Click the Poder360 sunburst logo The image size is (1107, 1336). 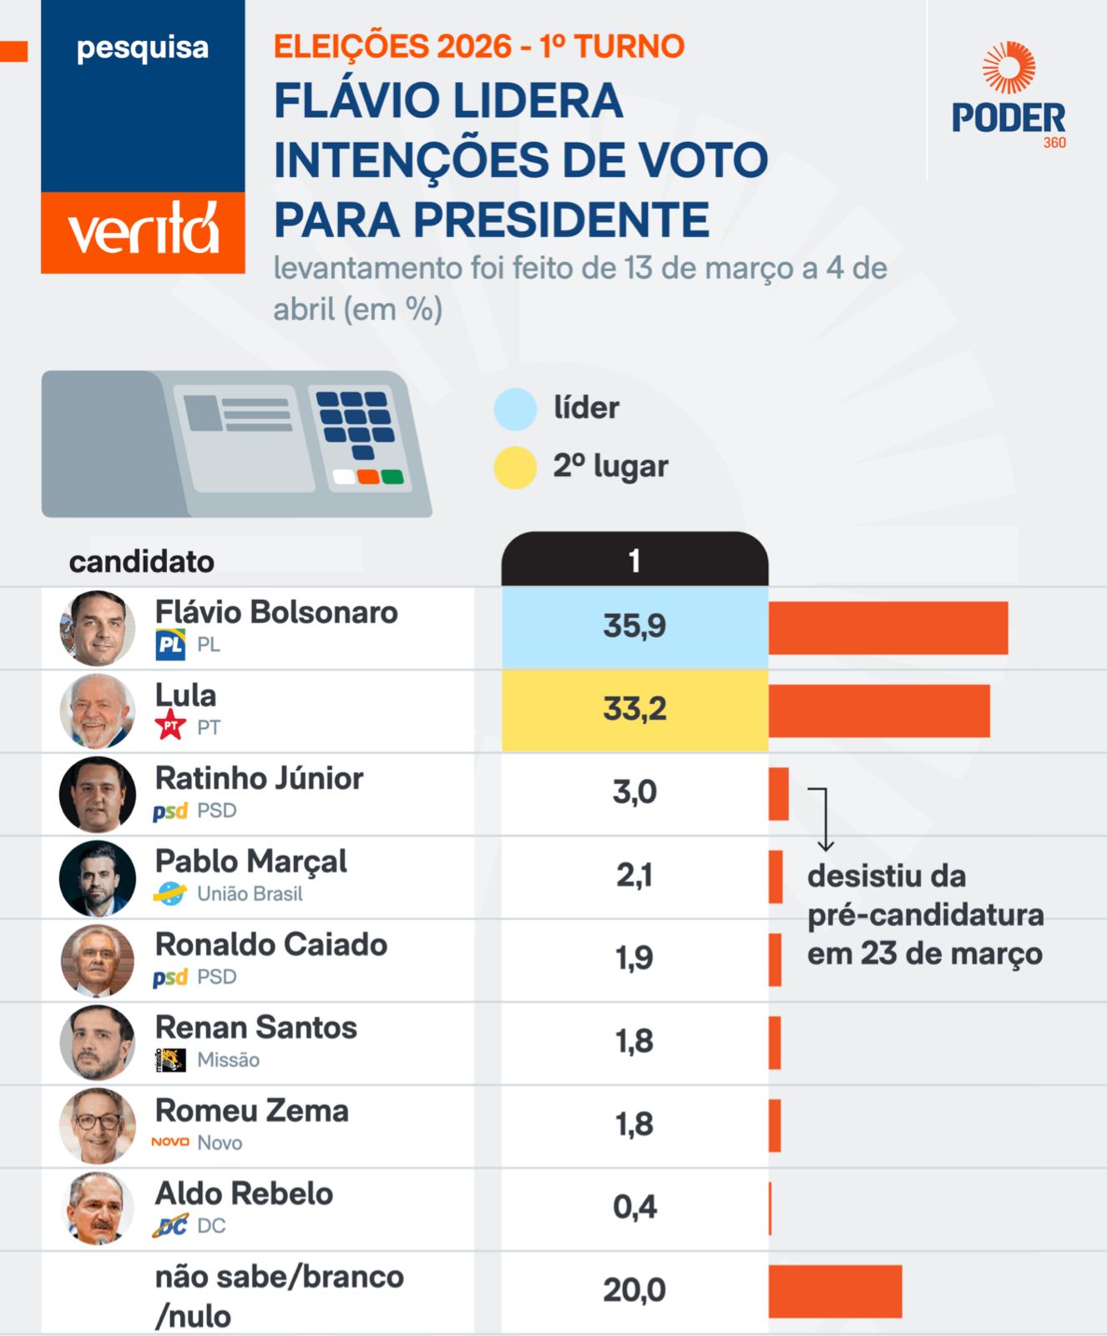[x=1008, y=68]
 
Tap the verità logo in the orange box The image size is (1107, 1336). [x=143, y=230]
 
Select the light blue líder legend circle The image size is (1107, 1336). [x=515, y=409]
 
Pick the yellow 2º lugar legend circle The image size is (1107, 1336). [x=515, y=468]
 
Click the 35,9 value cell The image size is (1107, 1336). [x=634, y=626]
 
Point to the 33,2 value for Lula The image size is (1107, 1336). [x=634, y=710]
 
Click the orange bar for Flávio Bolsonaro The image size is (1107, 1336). [x=887, y=628]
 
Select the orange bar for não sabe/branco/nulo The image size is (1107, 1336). [x=835, y=1291]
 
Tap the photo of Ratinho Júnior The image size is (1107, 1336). [x=98, y=794]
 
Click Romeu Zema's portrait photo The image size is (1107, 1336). [x=98, y=1126]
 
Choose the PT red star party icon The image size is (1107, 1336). [x=170, y=725]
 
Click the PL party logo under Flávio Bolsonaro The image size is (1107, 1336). [x=170, y=645]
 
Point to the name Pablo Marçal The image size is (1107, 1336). [x=251, y=862]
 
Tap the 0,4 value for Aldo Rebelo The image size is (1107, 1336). [x=634, y=1207]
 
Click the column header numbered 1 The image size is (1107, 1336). [x=634, y=560]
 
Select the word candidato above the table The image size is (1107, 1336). [x=142, y=562]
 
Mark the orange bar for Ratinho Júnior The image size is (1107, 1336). [x=778, y=794]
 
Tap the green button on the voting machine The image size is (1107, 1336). [x=392, y=477]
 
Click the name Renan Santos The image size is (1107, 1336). [x=256, y=1028]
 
